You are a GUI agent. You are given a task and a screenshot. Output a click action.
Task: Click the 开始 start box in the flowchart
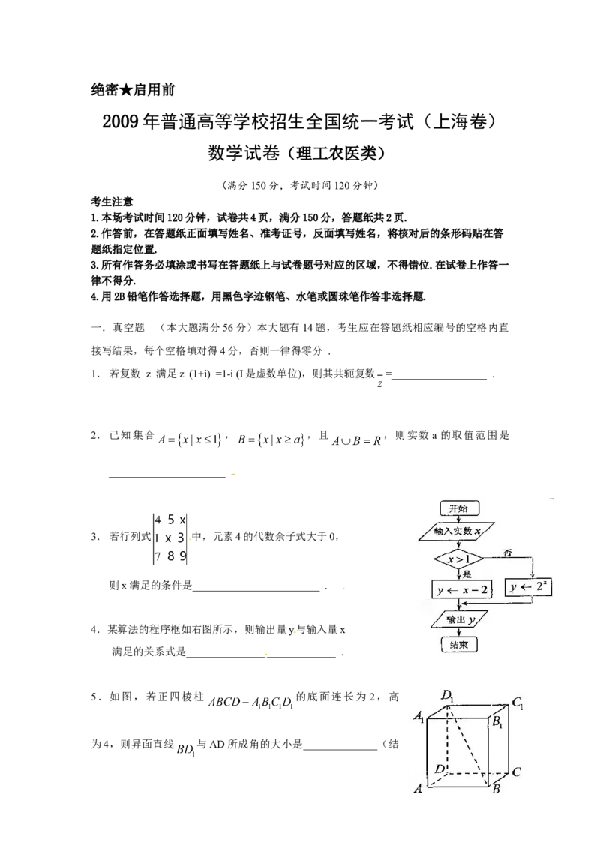457,508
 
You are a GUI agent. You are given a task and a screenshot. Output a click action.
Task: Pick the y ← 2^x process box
531,588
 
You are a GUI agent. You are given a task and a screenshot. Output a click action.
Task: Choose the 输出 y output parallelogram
457,619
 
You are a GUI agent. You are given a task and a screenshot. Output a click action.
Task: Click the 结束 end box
457,644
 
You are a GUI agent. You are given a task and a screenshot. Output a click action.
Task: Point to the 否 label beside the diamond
507,553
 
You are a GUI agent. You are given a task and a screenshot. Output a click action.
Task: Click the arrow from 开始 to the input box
457,520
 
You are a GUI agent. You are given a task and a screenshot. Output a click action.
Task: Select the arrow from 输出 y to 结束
457,632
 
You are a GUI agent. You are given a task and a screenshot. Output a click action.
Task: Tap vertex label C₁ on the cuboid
517,703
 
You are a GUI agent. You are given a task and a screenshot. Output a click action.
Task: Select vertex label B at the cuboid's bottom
495,789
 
